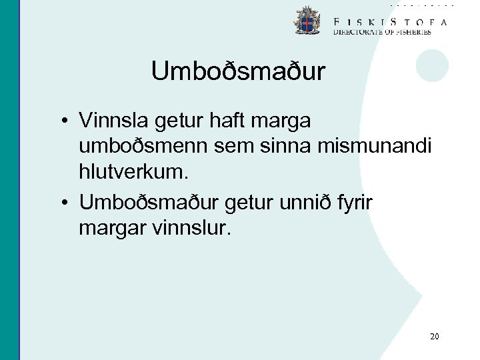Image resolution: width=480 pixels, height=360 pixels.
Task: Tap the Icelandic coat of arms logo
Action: point(307,21)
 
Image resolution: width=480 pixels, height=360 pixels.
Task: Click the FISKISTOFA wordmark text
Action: point(390,21)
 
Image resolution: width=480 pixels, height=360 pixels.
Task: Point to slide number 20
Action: point(435,337)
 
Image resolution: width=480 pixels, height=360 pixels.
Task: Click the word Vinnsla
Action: point(114,121)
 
